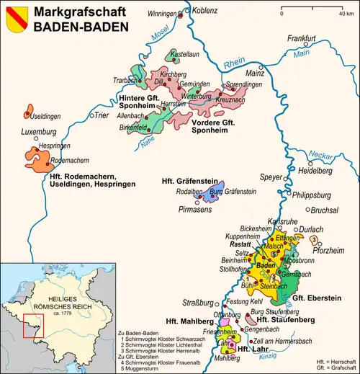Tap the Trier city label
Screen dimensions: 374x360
click(x=105, y=114)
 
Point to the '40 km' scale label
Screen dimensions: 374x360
click(x=335, y=14)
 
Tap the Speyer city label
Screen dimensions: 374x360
click(x=272, y=177)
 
